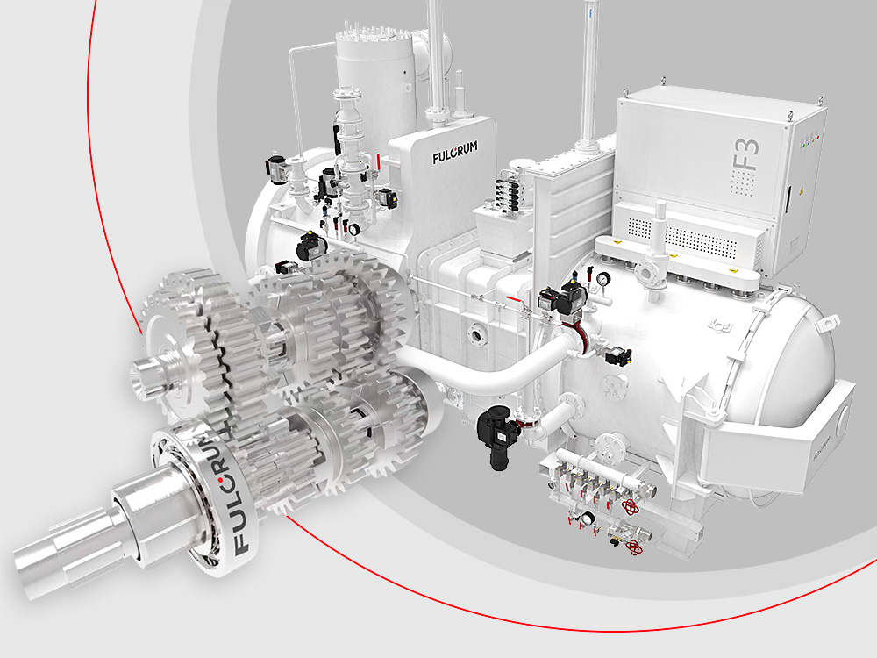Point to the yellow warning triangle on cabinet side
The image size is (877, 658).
pyautogui.click(x=798, y=190)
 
